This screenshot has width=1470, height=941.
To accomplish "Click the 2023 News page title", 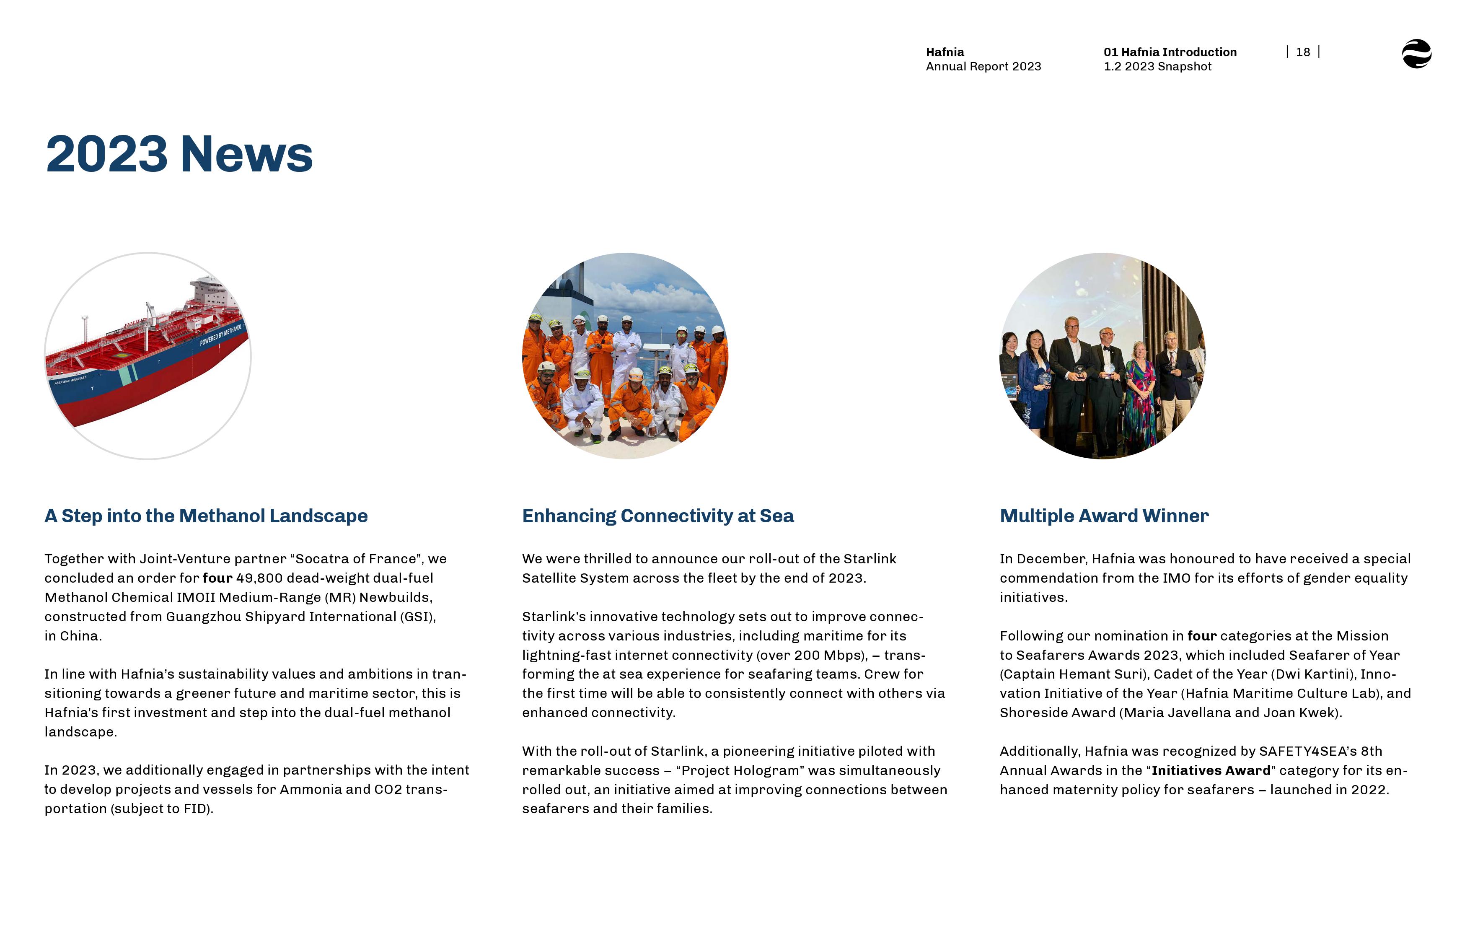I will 179,154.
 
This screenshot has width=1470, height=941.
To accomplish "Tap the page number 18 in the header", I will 1303,52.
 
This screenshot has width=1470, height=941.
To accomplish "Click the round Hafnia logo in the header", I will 1416,54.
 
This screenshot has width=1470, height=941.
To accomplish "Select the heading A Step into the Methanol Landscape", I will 206,516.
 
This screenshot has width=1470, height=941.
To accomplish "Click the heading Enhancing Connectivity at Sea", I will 658,516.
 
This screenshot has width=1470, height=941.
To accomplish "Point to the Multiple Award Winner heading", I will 1104,516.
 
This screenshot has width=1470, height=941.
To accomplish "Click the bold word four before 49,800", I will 217,578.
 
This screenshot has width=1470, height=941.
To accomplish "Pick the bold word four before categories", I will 1201,636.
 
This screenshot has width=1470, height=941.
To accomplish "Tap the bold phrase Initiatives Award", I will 1211,770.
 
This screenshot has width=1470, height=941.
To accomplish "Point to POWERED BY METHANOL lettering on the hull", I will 221,335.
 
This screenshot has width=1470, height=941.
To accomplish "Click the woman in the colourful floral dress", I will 1140,394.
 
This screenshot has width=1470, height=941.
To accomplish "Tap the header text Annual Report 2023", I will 983,67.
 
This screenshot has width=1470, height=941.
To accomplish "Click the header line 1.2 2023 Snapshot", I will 1157,67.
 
